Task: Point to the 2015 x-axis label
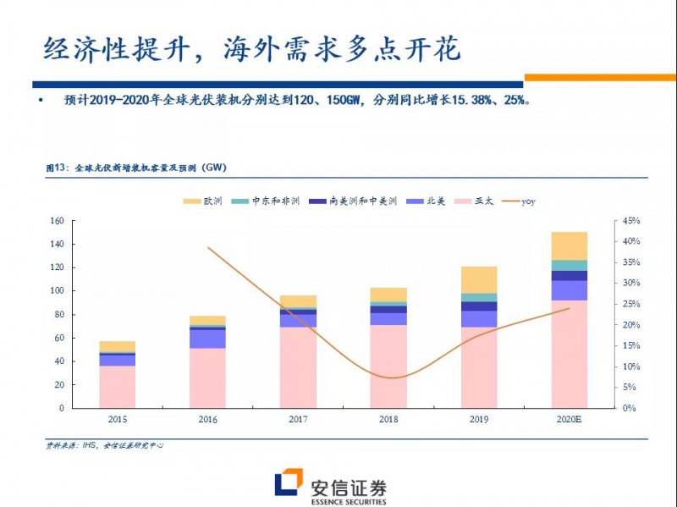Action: (x=117, y=419)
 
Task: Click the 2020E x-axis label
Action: (x=569, y=419)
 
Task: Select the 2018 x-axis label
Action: (x=388, y=419)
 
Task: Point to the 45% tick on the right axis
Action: (x=631, y=221)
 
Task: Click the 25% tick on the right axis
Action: (x=631, y=304)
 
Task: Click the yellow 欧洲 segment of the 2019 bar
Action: (x=479, y=279)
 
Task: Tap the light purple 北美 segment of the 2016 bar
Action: (x=207, y=339)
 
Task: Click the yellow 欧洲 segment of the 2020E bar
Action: (x=569, y=245)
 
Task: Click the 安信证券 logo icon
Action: (x=289, y=484)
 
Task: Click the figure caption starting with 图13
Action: (x=135, y=168)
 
